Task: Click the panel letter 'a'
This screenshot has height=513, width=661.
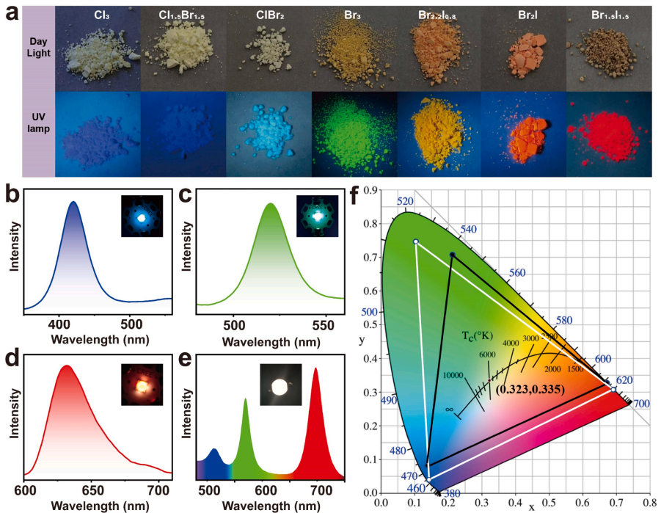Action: [10, 12]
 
